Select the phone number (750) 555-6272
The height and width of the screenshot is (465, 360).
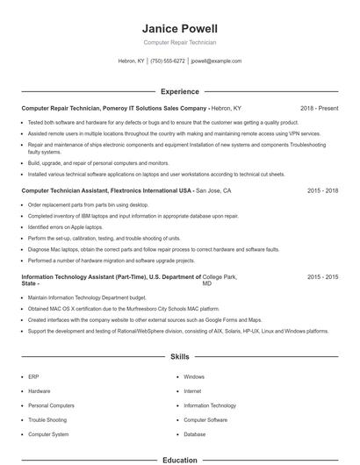coord(168,61)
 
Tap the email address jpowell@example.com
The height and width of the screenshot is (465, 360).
coord(216,61)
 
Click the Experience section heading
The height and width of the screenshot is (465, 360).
coord(179,90)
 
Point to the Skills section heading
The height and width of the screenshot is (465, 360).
coord(179,357)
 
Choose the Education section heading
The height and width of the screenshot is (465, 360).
coord(179,460)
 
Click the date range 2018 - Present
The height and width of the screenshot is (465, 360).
coord(319,108)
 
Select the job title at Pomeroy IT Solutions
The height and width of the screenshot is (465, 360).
coord(114,108)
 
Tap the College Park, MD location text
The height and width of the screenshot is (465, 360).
coord(220,280)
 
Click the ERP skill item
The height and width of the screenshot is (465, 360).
coord(33,376)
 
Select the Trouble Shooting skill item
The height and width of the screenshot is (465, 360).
coord(47,420)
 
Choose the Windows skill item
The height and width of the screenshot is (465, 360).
coord(194,376)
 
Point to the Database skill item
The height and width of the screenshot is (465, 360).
coord(195,434)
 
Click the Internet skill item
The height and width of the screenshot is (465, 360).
coord(193,390)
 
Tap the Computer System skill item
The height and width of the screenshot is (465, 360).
coord(48,434)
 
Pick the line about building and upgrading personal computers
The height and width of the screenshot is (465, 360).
coord(98,162)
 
